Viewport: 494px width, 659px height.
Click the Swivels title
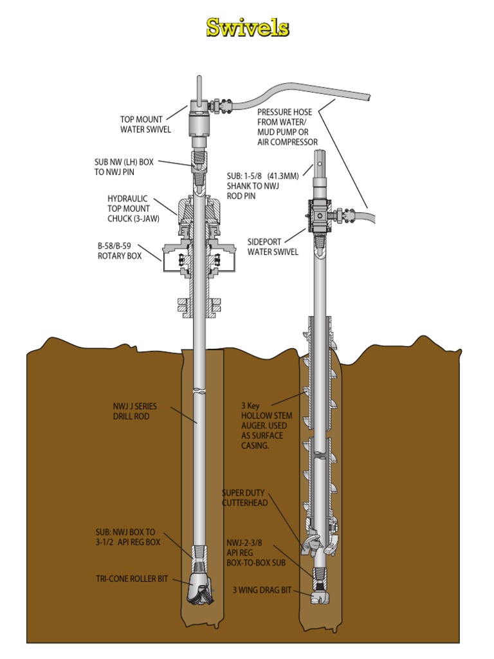coord(247,28)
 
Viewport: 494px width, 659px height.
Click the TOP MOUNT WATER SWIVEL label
coord(145,124)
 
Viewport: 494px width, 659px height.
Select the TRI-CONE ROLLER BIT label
coord(132,579)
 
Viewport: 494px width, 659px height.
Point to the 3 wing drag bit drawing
coord(320,598)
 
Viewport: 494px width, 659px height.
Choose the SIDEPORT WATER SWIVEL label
coord(273,247)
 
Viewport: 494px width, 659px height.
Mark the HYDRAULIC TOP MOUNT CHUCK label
coord(129,209)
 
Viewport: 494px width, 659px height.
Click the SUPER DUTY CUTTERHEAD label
coord(245,497)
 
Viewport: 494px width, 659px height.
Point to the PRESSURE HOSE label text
coord(287,127)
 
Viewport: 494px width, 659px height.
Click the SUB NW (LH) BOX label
coord(123,167)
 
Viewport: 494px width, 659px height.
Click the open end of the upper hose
coord(369,96)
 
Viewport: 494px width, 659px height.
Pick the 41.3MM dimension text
coord(286,176)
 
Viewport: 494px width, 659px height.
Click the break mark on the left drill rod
coord(202,391)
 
